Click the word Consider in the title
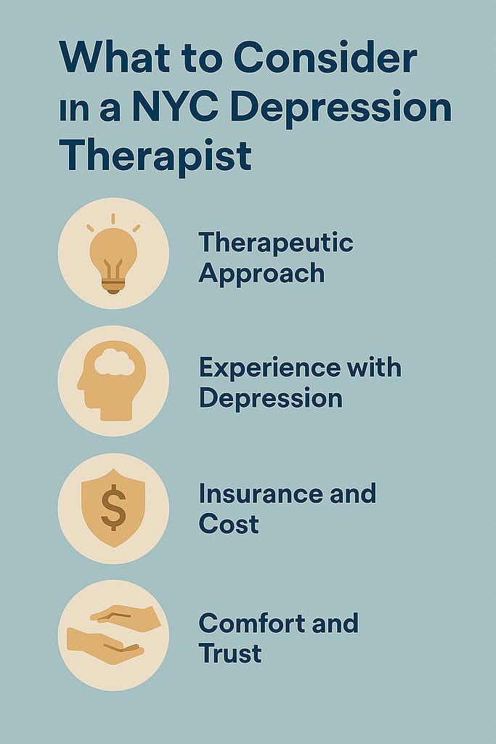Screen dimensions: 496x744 click(x=325, y=57)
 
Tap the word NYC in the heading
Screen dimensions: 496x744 click(x=175, y=108)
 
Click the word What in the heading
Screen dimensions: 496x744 click(x=114, y=57)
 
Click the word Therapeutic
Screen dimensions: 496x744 click(x=276, y=243)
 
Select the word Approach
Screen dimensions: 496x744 click(x=261, y=274)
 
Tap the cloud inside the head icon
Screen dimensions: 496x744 click(x=114, y=362)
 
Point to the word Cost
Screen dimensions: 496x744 click(x=229, y=525)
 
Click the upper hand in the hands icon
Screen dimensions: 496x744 click(x=126, y=615)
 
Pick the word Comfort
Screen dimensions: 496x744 click(x=252, y=623)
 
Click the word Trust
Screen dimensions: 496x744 click(x=230, y=653)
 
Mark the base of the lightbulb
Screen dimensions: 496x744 click(x=113, y=286)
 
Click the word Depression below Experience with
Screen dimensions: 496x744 click(x=271, y=399)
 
